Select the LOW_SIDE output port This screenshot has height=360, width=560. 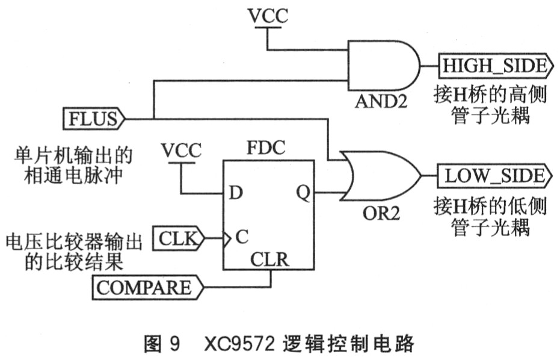tap(494, 176)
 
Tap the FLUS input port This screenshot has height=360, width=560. tap(93, 118)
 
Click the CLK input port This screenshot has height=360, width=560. tap(178, 239)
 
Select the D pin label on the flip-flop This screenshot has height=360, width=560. tap(236, 193)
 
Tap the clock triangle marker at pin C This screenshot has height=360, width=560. tap(227, 239)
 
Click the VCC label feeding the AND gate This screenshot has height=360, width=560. tap(268, 17)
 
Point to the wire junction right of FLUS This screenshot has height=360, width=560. tap(154, 118)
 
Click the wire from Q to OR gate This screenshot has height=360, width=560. tap(328, 193)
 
